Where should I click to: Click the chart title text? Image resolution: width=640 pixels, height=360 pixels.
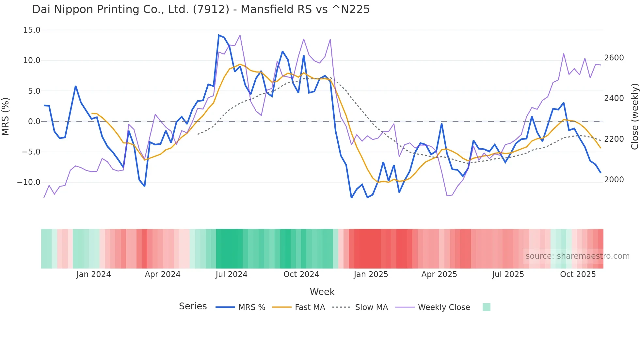pos(201,9)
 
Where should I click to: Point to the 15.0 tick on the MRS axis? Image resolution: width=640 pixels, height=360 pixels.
pos(32,30)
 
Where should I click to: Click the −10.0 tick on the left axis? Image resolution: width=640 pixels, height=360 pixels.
pos(29,182)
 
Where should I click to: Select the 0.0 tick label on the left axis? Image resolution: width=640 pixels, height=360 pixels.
pos(34,122)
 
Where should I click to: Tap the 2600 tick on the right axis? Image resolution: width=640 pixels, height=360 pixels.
pos(614,58)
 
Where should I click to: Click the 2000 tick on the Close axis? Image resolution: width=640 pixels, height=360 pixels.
pos(614,180)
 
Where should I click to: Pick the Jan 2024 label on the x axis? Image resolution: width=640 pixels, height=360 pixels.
pos(93,274)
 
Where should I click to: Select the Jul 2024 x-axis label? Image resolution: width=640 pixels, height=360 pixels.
pos(231,274)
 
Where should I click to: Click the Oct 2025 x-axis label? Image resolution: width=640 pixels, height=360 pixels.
pos(578,274)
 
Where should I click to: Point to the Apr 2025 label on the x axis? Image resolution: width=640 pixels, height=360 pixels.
pos(439,274)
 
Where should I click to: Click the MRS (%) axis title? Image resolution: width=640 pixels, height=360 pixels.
pos(6,117)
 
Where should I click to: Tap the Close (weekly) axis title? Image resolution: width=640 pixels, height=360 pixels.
pos(634,117)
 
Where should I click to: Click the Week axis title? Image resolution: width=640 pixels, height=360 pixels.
pos(322,292)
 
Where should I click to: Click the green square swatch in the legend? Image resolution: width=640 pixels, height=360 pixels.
pos(486,307)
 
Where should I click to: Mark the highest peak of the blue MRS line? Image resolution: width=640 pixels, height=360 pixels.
pos(219,35)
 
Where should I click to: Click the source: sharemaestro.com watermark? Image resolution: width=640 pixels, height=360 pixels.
pos(577,256)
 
